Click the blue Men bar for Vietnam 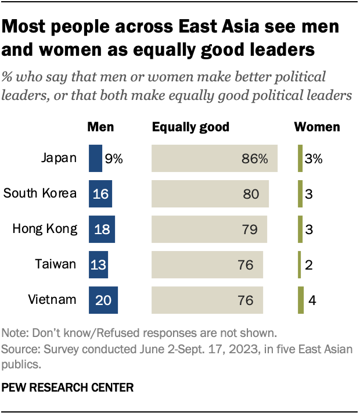[103, 300]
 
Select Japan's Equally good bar [214, 159]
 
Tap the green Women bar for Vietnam [301, 300]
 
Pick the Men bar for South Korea [100, 194]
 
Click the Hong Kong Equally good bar [209, 229]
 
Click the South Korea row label [40, 193]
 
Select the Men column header [100, 127]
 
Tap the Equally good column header [190, 127]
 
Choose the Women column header [317, 127]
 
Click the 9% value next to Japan [114, 159]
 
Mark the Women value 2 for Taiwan [309, 265]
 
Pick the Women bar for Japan [300, 159]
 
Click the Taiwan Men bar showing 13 [98, 264]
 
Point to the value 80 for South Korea [251, 194]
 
